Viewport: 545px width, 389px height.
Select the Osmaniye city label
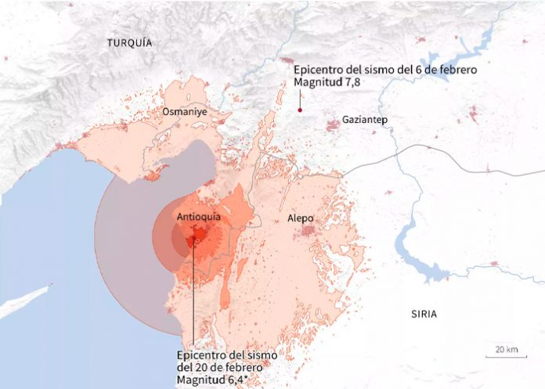[184, 112]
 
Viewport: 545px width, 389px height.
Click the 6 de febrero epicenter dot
[300, 110]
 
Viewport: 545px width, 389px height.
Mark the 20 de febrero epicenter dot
[193, 240]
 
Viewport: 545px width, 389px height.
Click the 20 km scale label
[506, 348]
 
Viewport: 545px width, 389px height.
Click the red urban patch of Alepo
[311, 231]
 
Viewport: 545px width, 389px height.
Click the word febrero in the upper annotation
[455, 69]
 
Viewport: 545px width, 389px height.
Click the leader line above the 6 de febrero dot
[300, 99]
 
